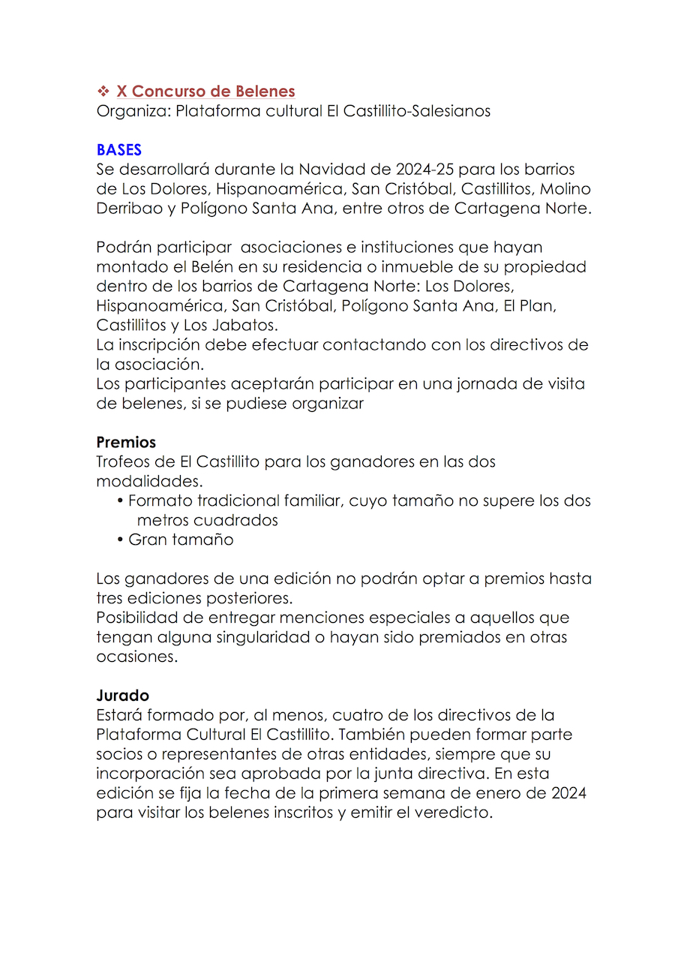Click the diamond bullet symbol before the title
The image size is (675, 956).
point(103,92)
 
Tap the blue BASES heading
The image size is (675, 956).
point(118,150)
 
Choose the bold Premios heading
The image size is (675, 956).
point(126,442)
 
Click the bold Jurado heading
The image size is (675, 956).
point(122,696)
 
